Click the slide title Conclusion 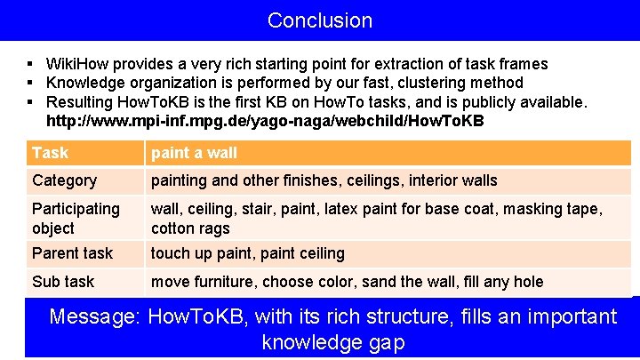[x=320, y=20]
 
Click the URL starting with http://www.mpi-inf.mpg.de [x=265, y=121]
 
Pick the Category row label [x=64, y=180]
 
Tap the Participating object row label [x=76, y=218]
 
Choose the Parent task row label [x=72, y=253]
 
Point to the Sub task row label [x=62, y=282]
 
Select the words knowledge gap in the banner [x=333, y=342]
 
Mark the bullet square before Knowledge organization [x=30, y=83]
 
